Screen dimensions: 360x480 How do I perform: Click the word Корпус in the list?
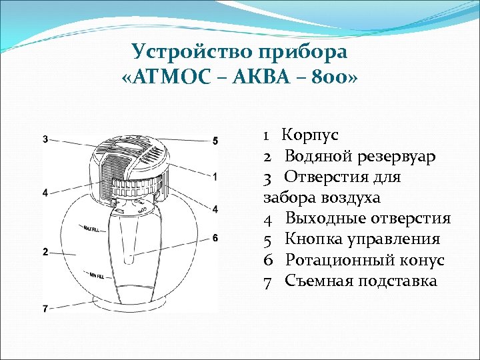[x=310, y=135]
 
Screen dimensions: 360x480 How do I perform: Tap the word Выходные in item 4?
[x=324, y=219]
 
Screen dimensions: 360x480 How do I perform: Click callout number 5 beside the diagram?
[x=215, y=141]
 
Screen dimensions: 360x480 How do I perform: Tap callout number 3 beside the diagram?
[x=45, y=139]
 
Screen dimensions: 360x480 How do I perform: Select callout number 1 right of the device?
[x=215, y=177]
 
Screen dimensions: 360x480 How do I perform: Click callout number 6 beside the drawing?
[x=215, y=238]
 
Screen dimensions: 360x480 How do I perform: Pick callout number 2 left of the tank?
[x=45, y=252]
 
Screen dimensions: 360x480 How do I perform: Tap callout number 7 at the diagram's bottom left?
[x=45, y=309]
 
